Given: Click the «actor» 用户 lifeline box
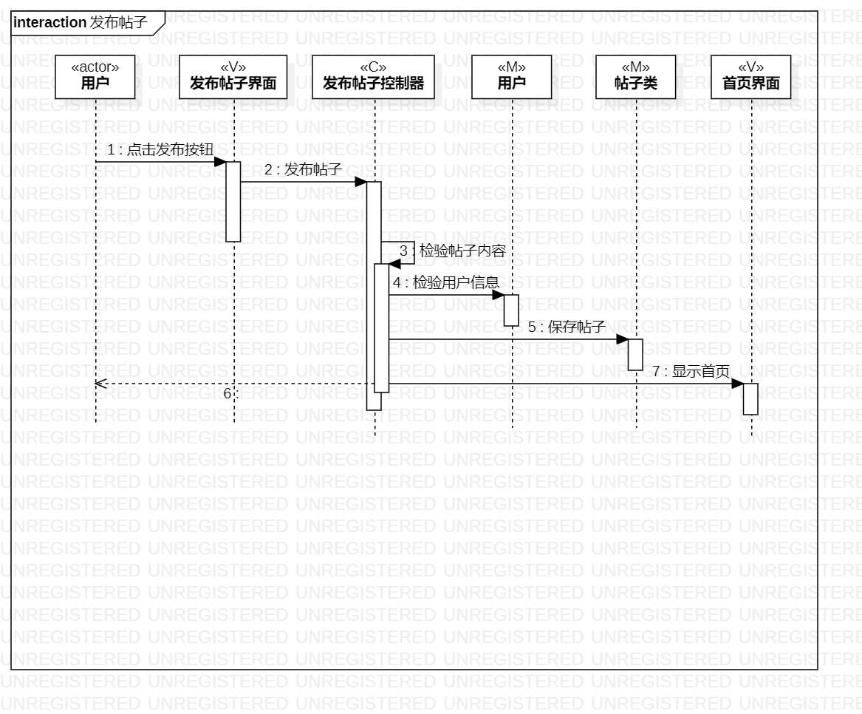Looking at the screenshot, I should (x=95, y=77).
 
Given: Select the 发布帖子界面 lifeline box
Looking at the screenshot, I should (x=233, y=77).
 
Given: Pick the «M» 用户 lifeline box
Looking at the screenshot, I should (x=511, y=77).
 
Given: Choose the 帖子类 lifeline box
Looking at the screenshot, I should (x=635, y=77).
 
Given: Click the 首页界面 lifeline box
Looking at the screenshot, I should (x=750, y=77).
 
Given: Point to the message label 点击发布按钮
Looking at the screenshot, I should (x=170, y=150).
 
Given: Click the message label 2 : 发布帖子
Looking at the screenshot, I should (x=303, y=170).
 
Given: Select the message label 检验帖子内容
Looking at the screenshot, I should (x=462, y=251).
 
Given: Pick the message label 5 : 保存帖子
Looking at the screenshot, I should (x=567, y=327).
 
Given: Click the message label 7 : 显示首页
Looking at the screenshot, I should (x=691, y=371).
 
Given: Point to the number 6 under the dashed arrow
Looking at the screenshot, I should (x=228, y=394).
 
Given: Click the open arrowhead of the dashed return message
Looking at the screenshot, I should (x=100, y=384).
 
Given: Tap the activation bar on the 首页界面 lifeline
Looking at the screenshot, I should (x=750, y=399).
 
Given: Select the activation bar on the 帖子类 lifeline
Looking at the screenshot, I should (x=635, y=355).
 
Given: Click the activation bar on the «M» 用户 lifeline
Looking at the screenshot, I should (x=511, y=310).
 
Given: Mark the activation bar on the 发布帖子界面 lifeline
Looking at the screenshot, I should (x=233, y=201).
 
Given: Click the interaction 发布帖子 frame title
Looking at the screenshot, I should (x=81, y=23).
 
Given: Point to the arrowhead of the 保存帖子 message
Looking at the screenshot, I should (x=622, y=339).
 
